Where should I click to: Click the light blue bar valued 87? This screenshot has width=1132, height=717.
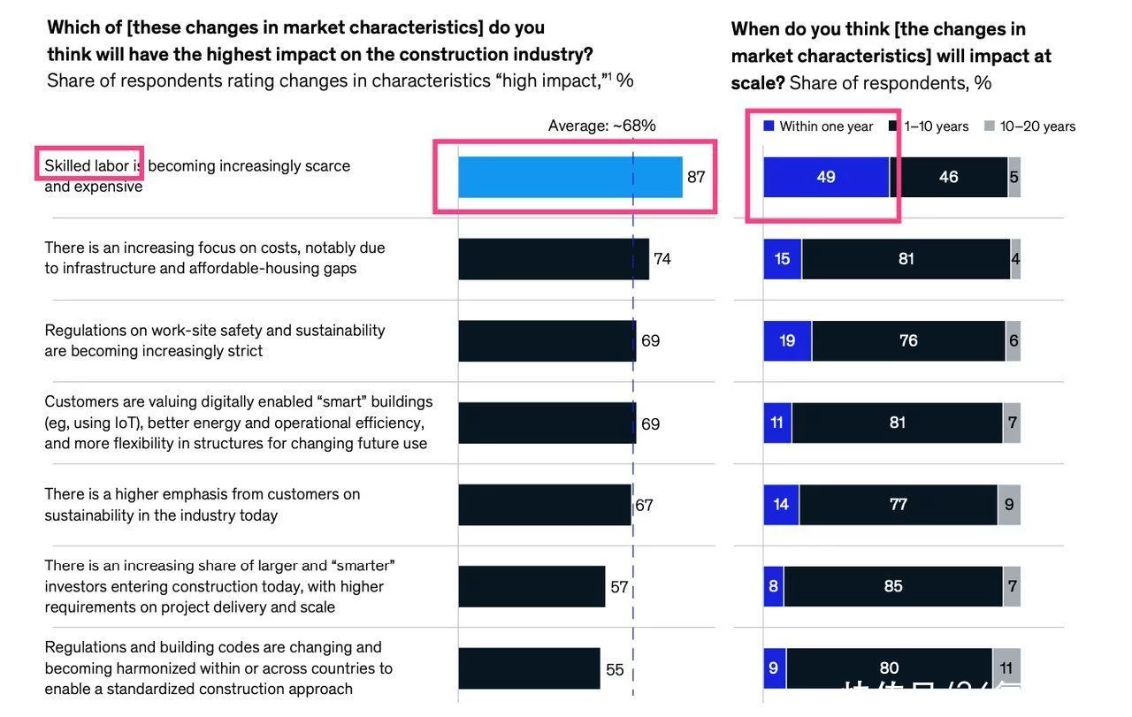pos(570,177)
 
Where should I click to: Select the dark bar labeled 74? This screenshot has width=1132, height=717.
pos(553,259)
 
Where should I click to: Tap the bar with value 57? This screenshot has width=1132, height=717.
pos(532,587)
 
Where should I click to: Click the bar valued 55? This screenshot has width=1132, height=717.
pos(529,668)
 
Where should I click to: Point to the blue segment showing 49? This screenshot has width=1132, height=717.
pos(826,177)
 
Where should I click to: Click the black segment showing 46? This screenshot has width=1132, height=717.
pos(948,177)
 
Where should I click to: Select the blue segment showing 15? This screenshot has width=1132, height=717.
pos(783,259)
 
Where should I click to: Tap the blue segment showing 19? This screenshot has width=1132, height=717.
pos(787,340)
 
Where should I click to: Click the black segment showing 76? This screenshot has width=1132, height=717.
pos(908,340)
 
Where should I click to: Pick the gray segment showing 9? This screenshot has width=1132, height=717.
pos(1009,505)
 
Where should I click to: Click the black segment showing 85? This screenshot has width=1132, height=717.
pos(893,586)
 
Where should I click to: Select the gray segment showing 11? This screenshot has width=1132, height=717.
pos(1006,668)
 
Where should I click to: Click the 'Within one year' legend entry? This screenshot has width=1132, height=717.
pos(818,126)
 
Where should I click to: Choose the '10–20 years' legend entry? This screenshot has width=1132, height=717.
pos(1030,126)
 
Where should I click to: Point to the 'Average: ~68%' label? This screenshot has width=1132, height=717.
pos(601,126)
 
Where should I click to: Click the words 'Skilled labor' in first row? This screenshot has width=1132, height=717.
pos(87,165)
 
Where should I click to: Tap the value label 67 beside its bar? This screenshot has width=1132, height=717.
pos(644,506)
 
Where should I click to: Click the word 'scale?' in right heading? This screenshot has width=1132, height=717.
pos(757,83)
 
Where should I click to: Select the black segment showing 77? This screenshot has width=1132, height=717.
pos(898,505)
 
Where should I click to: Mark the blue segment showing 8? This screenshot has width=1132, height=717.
pos(774,586)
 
